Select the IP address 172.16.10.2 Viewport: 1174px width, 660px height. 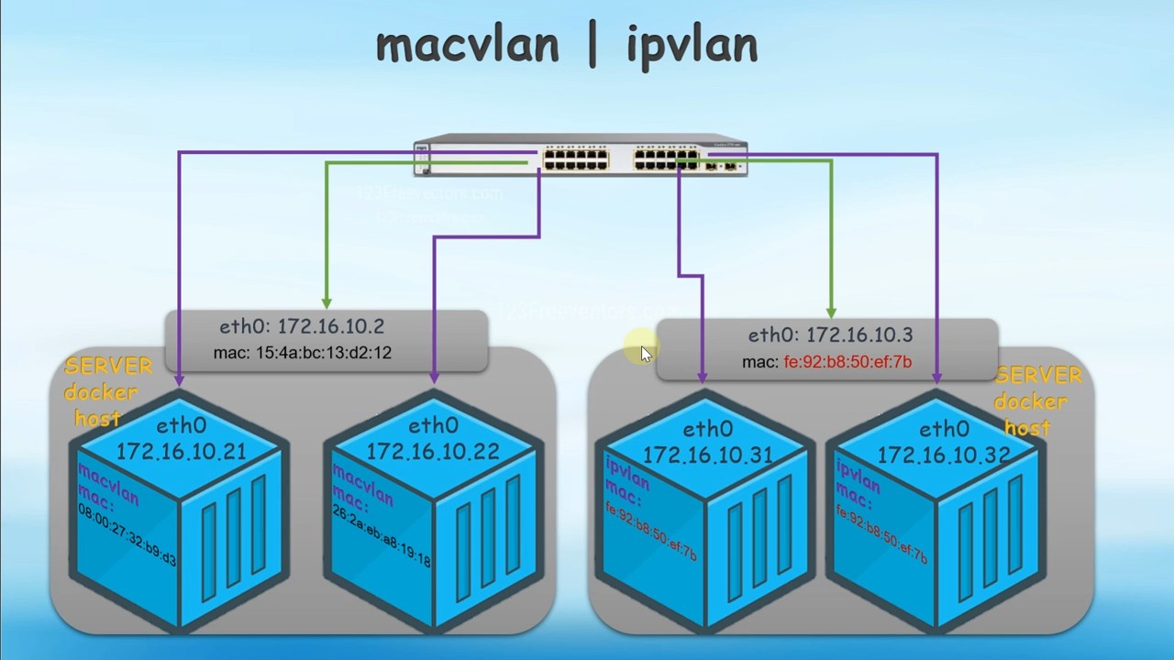point(330,326)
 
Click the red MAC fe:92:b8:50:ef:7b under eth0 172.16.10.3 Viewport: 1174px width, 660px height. point(847,362)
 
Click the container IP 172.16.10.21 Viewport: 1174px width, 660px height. point(181,451)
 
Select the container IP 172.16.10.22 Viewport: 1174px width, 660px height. point(433,451)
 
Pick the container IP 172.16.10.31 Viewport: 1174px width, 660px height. point(707,455)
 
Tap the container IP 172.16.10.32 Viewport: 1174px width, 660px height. point(944,455)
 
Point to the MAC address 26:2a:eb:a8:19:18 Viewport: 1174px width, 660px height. point(381,534)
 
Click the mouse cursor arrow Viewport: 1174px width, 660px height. point(646,355)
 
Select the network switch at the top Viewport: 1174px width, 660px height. point(581,157)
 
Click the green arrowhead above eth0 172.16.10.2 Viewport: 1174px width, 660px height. point(327,302)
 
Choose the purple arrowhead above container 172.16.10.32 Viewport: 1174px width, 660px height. point(937,377)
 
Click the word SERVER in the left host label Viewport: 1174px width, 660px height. point(108,367)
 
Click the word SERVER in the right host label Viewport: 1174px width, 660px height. point(1038,376)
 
